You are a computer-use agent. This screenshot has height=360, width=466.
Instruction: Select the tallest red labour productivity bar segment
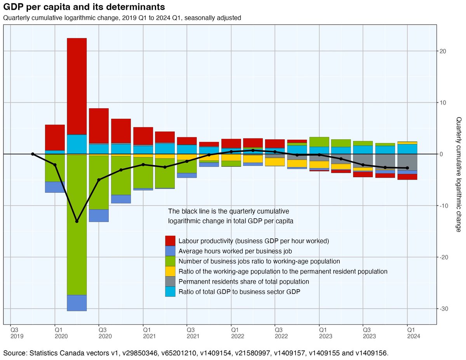coord(77,86)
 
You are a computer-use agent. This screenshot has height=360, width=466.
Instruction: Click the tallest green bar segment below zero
coord(77,225)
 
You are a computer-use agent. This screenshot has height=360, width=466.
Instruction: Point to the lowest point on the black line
coord(77,221)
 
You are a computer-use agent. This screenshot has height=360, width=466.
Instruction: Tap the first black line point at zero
coord(33,154)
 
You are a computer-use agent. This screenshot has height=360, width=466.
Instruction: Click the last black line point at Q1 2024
coord(407,168)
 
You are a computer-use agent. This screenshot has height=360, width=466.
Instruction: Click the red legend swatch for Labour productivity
coord(170,241)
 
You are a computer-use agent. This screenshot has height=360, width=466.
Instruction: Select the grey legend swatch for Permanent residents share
coord(170,281)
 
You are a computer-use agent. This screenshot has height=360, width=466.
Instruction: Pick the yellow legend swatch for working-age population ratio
coord(170,271)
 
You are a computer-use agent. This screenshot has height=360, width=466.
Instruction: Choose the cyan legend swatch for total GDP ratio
coord(170,291)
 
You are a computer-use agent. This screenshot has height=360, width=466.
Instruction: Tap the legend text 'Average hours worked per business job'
coord(235,251)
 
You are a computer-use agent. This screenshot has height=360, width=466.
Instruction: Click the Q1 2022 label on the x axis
coord(231,333)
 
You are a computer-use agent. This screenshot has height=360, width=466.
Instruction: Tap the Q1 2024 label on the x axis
coord(407,333)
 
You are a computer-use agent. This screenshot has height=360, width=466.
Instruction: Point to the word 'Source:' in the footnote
coord(15,353)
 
